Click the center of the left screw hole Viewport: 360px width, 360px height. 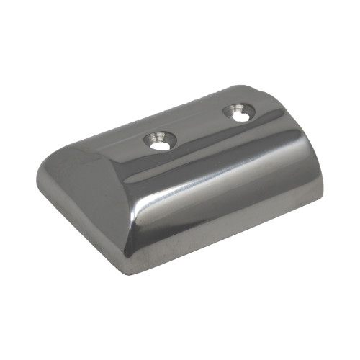(160, 141)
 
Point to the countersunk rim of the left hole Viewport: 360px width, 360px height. (150, 137)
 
